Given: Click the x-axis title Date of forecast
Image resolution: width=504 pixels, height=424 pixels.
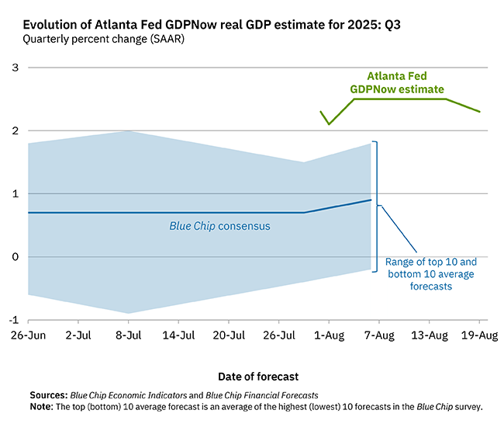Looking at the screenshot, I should [257, 377].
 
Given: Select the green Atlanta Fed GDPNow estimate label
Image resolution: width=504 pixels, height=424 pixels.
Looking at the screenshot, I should [398, 84].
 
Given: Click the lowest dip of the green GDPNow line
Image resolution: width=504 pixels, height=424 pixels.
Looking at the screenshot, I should [329, 123].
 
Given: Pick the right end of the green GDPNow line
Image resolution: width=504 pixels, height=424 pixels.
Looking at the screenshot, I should [479, 112].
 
